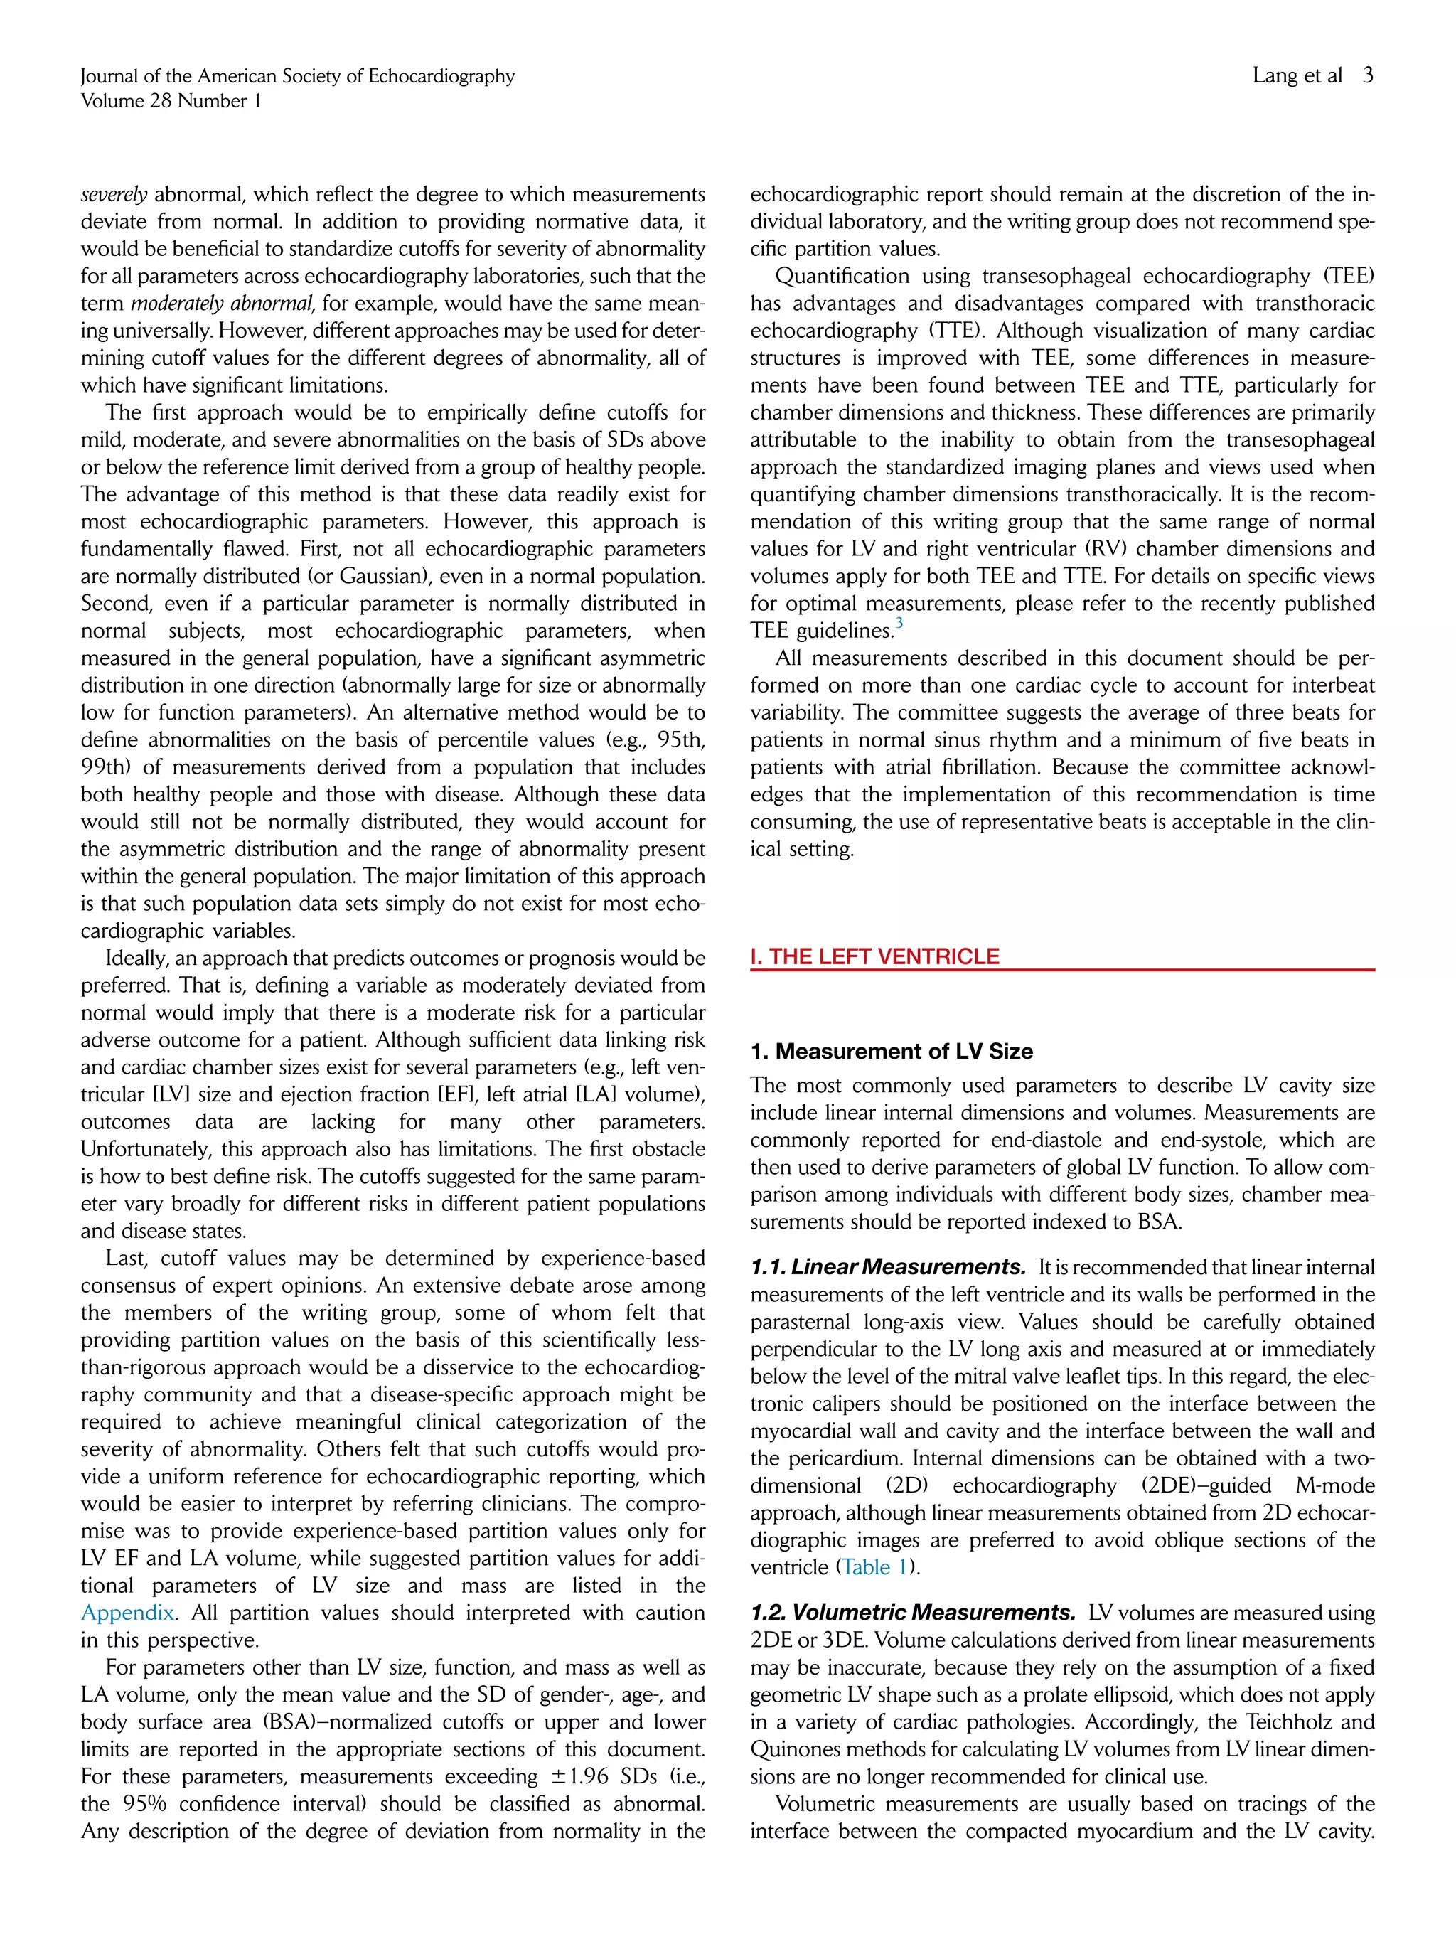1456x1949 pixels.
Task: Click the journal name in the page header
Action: [x=297, y=76]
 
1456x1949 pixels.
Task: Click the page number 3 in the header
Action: [x=1367, y=76]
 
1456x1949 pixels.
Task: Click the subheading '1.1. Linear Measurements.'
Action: [x=887, y=1267]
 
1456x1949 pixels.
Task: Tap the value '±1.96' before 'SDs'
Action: [x=574, y=1776]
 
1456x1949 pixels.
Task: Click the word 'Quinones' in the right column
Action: [x=792, y=1749]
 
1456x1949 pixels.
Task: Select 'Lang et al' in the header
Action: [x=1297, y=76]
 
